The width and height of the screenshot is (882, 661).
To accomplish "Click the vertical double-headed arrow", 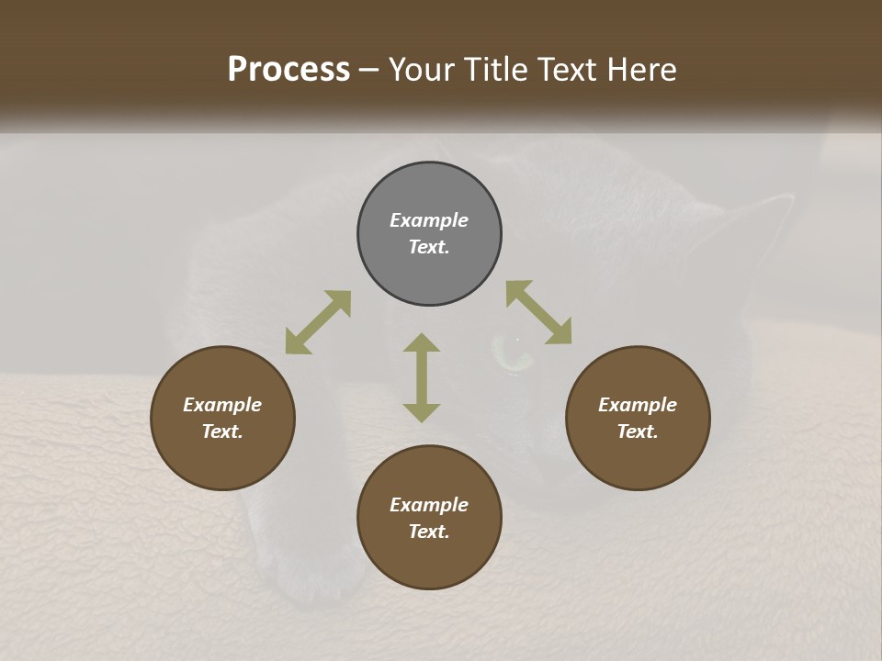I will click(422, 377).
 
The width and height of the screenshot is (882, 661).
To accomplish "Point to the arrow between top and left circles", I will click(318, 322).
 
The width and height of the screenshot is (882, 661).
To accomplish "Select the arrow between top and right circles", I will click(539, 312).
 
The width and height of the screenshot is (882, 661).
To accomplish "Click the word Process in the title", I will click(288, 70).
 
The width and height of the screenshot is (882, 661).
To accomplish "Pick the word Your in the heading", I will click(419, 70).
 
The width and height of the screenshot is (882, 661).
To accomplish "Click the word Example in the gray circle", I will click(429, 220).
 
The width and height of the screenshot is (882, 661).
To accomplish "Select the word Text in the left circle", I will click(222, 431).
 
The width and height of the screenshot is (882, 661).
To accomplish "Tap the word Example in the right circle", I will click(638, 405).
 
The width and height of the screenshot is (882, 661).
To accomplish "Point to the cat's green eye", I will click(507, 353).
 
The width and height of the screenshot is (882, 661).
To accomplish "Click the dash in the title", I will click(369, 71).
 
